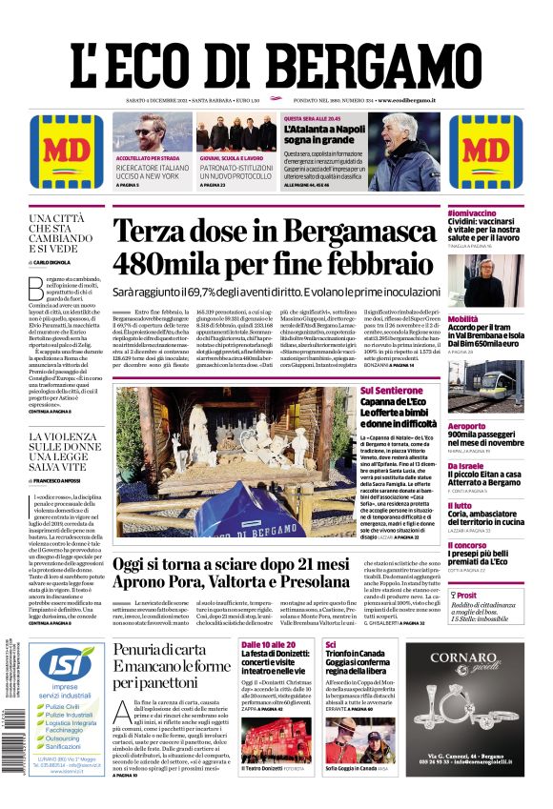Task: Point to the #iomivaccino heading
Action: tap(476, 212)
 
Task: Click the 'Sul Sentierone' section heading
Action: tap(418, 391)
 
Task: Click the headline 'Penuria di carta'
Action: tap(157, 650)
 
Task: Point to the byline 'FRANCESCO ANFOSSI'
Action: tap(62, 482)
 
